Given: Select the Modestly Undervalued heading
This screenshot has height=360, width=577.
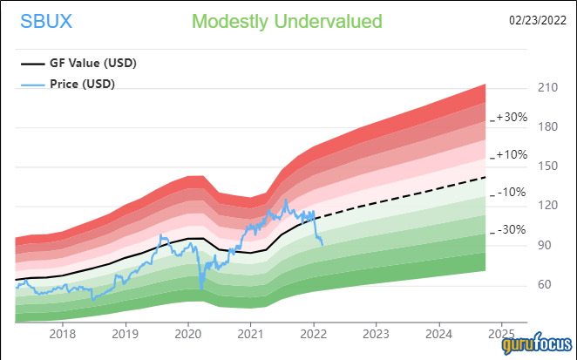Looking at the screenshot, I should pyautogui.click(x=287, y=21).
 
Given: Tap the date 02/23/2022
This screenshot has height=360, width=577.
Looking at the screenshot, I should pyautogui.click(x=538, y=19).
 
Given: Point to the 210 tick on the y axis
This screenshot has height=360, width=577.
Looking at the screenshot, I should pyautogui.click(x=547, y=88).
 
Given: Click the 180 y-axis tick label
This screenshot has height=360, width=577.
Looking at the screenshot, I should pyautogui.click(x=547, y=127).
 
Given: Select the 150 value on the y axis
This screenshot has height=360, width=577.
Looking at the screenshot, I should pyautogui.click(x=547, y=166).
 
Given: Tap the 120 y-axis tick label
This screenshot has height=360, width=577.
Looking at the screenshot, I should pyautogui.click(x=547, y=206).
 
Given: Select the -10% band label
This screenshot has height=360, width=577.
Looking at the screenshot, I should pyautogui.click(x=512, y=193).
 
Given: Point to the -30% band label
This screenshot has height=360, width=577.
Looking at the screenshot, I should pyautogui.click(x=512, y=230).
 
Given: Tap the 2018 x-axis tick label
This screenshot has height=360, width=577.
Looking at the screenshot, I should pyautogui.click(x=63, y=334).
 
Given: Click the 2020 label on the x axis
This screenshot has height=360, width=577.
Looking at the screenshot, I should pyautogui.click(x=188, y=334).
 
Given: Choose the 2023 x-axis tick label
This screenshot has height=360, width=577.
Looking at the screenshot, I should pyautogui.click(x=376, y=334).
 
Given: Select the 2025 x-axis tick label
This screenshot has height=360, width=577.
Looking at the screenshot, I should pyautogui.click(x=501, y=334).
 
